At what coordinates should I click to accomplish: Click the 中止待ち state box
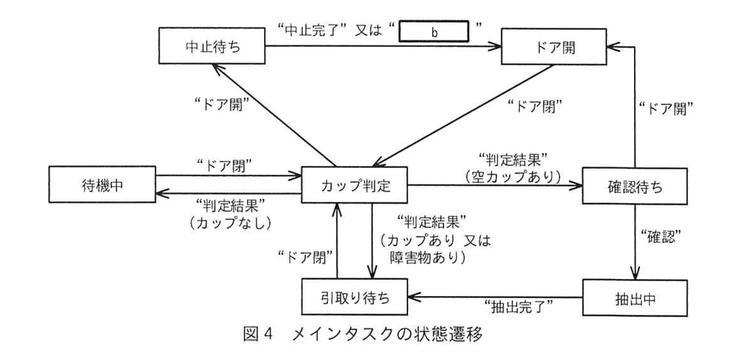[211, 46]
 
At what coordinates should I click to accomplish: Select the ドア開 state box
[553, 46]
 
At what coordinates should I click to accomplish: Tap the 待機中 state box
[102, 185]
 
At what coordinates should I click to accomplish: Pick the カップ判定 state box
[355, 185]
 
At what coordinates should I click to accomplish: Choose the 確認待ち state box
[634, 186]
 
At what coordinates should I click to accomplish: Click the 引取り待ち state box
[355, 297]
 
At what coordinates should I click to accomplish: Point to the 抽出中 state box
[635, 298]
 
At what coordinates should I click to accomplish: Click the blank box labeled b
[434, 32]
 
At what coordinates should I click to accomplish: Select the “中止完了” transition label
[312, 30]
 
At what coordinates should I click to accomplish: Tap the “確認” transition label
[658, 236]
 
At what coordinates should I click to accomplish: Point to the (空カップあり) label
[513, 177]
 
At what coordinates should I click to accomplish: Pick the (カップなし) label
[231, 223]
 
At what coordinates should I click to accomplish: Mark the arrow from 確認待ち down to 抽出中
[635, 241]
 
